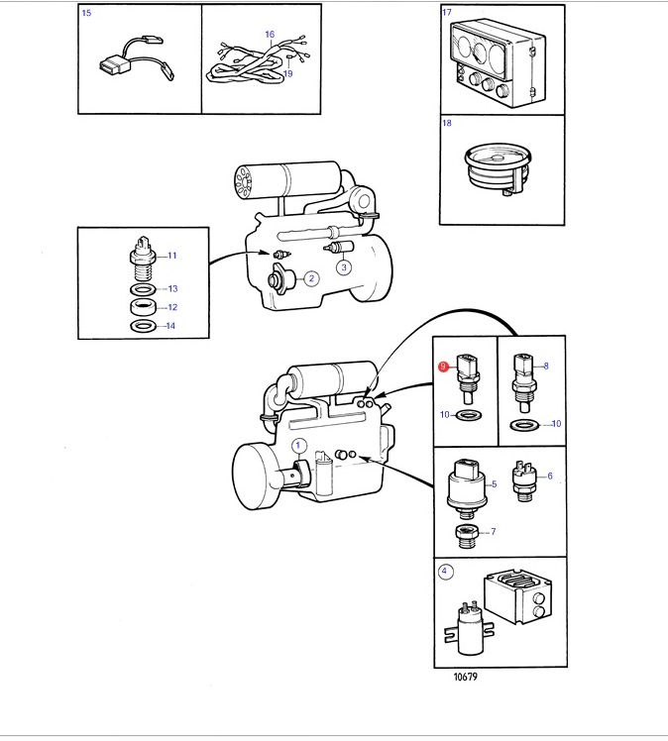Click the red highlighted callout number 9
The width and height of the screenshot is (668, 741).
(x=443, y=367)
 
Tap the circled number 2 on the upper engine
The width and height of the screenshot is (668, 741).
(x=311, y=278)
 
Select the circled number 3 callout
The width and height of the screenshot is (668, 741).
(x=344, y=267)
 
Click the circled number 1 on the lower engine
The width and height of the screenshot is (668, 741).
(x=298, y=445)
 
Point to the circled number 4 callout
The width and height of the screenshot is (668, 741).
(x=444, y=571)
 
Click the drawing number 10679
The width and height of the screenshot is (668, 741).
(x=466, y=677)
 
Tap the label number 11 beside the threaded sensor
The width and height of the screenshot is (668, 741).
(x=172, y=256)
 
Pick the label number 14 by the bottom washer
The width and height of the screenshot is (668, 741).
(x=170, y=326)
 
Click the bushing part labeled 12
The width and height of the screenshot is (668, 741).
(x=143, y=307)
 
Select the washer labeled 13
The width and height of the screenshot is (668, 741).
(x=143, y=288)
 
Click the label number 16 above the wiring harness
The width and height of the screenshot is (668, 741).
(x=270, y=34)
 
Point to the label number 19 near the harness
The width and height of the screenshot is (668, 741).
(x=287, y=73)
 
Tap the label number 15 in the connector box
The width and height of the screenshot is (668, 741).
(x=86, y=13)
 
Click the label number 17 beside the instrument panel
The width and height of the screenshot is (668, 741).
(x=447, y=12)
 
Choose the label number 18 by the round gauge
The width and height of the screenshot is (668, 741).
(x=447, y=123)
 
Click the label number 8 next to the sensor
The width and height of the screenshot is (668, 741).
(x=546, y=366)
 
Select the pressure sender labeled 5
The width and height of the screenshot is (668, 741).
(x=466, y=488)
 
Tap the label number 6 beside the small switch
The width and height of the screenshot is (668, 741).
(x=550, y=476)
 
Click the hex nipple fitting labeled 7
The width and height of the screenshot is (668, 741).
(x=467, y=536)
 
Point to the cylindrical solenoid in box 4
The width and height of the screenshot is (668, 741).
(x=470, y=628)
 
